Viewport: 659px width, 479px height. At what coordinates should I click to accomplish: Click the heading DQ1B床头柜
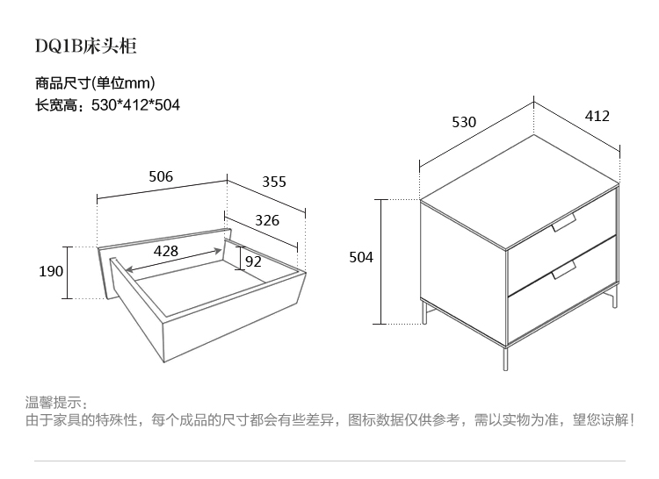click(x=85, y=46)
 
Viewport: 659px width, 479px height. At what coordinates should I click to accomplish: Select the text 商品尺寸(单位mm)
click(x=95, y=84)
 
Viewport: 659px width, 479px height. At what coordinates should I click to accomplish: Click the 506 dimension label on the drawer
click(x=161, y=176)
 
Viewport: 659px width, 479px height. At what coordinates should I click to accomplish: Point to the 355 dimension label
click(x=274, y=182)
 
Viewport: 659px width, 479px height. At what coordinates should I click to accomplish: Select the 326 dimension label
click(x=267, y=220)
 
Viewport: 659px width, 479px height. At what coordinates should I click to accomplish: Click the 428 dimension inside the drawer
click(x=166, y=250)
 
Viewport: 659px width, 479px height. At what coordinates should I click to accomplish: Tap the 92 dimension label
click(x=253, y=261)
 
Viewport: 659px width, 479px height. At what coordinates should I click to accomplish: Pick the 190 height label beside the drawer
click(x=51, y=271)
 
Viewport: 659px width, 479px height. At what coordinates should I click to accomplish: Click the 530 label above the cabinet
click(x=464, y=122)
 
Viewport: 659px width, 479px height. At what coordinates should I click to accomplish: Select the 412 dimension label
click(x=597, y=116)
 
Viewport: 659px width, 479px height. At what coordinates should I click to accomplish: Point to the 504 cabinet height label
click(x=361, y=257)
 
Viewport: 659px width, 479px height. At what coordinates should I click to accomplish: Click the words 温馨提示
click(x=56, y=403)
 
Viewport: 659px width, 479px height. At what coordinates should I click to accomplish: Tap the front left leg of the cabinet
click(x=424, y=312)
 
